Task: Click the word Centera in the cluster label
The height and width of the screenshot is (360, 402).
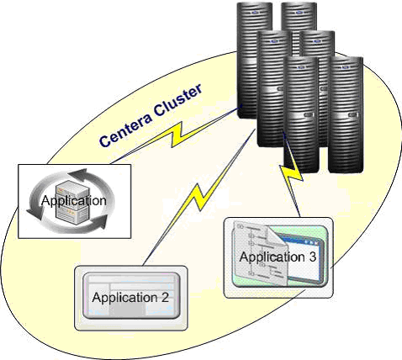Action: tap(127, 129)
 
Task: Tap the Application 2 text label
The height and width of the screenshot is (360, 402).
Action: tap(130, 298)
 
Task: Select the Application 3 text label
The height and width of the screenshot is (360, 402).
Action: tap(278, 257)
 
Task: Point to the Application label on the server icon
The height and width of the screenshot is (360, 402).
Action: tap(74, 201)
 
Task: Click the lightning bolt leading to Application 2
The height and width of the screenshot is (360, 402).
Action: tap(198, 196)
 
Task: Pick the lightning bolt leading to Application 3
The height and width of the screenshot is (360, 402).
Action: tap(292, 175)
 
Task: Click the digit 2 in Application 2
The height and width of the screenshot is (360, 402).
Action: tap(165, 297)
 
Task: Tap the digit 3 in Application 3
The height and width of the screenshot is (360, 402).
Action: tap(312, 257)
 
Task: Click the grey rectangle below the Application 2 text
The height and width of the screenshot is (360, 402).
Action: tap(129, 310)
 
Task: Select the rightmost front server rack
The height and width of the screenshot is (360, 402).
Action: tap(346, 115)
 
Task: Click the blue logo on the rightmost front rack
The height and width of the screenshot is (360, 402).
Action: tap(345, 67)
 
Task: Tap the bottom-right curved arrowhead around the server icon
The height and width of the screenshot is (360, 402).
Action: tap(98, 221)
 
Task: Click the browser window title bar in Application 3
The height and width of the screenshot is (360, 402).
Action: tap(303, 241)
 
